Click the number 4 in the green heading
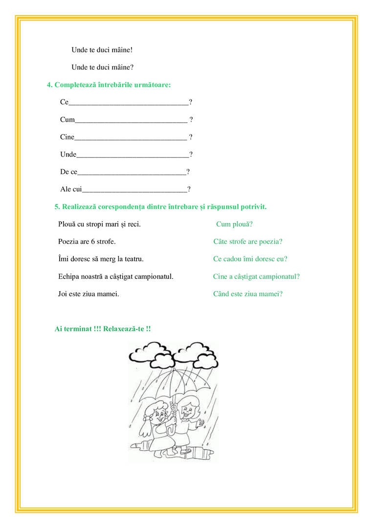click(49, 85)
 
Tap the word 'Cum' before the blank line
click(67, 119)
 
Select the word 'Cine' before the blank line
click(67, 137)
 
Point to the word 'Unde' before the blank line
click(68, 155)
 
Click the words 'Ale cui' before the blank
click(71, 189)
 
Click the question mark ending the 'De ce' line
click(188, 172)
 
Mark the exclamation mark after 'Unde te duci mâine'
click(132, 50)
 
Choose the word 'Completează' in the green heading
click(74, 85)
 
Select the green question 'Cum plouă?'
click(234, 224)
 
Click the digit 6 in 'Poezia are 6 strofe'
click(92, 242)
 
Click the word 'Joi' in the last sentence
click(63, 294)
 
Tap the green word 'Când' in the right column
click(221, 294)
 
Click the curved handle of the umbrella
click(171, 428)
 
